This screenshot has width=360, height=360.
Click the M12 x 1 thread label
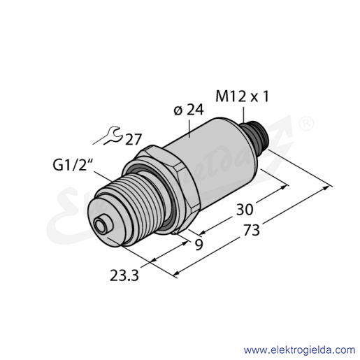[243, 96]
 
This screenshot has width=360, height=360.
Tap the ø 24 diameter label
[189, 110]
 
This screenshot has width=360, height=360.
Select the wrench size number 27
[134, 139]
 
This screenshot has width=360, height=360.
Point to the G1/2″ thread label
[71, 166]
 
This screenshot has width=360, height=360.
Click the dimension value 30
[245, 209]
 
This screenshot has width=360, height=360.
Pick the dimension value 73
[251, 230]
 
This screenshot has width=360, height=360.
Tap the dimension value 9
[199, 245]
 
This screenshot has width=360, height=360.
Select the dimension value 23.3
[124, 275]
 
